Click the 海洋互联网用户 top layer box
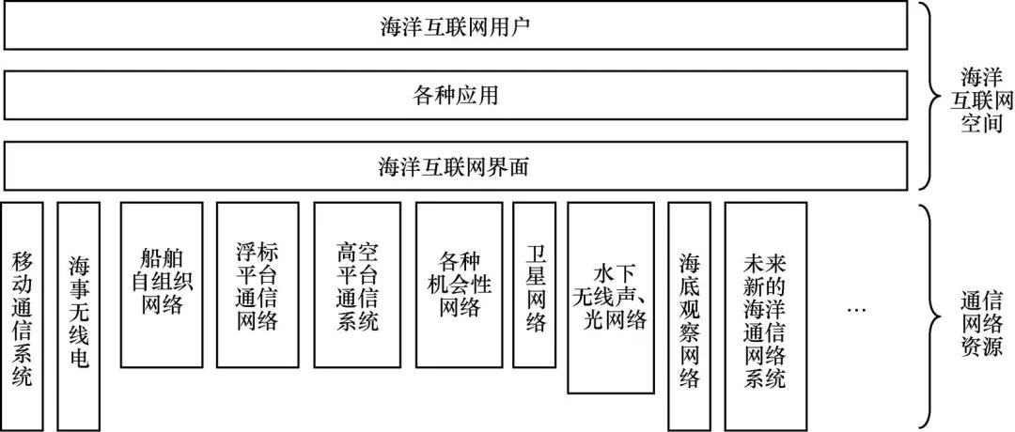(x=456, y=25)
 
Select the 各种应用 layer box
(x=456, y=96)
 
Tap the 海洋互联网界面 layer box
(x=456, y=166)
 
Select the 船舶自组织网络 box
(x=161, y=285)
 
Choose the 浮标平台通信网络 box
(x=258, y=285)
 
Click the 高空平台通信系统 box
(x=356, y=285)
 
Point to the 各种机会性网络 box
(x=459, y=285)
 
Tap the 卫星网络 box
(x=535, y=285)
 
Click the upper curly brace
(x=930, y=96)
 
